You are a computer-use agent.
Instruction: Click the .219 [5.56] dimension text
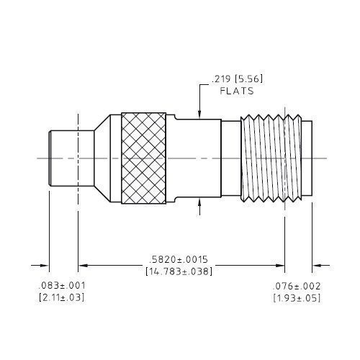pos(233,80)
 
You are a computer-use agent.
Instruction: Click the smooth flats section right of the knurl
pos(194,158)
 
